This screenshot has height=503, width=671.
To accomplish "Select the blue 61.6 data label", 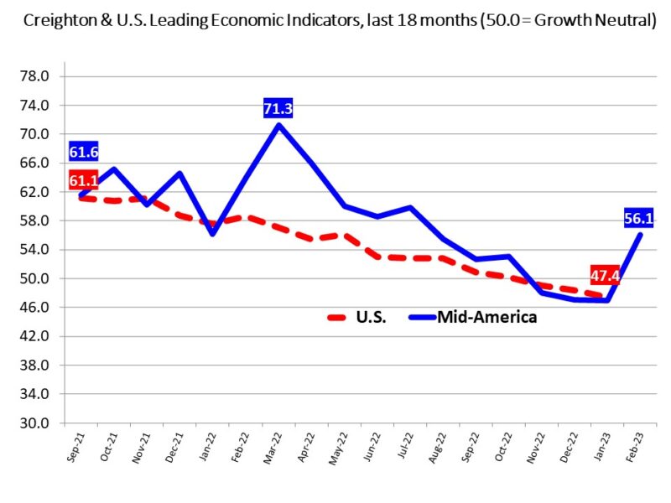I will pos(84,152).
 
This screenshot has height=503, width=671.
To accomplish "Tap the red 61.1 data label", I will pos(84,180).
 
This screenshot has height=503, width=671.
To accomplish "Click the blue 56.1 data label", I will pos(641,219).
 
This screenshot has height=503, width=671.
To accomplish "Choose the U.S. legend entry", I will pos(356,318).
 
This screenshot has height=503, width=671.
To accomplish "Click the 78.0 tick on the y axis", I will pos(37,76).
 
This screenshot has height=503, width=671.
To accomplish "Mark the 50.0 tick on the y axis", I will pos(37,278).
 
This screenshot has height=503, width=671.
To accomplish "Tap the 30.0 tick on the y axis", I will pos(37,423).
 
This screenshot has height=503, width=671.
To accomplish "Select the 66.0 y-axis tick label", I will pos(37,163).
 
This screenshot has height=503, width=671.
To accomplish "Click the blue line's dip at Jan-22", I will pos(213,234).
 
